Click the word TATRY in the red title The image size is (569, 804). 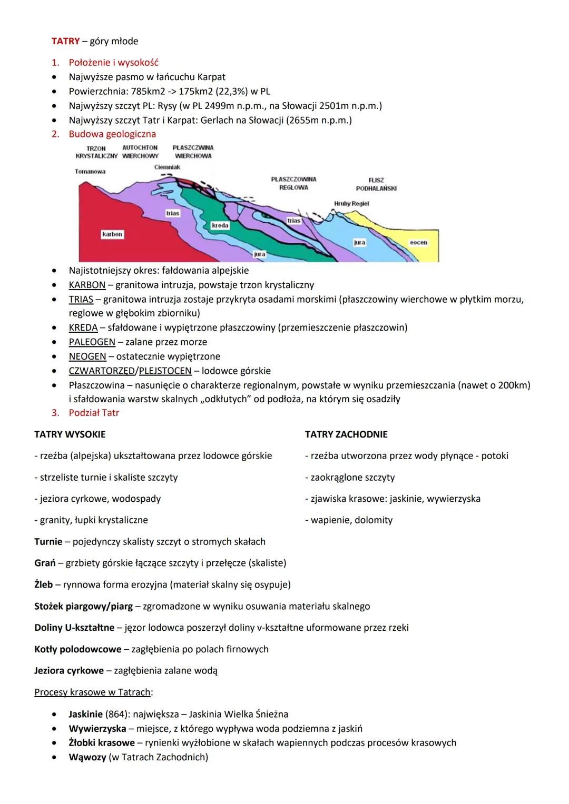point(65,41)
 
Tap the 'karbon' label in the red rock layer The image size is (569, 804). point(112,234)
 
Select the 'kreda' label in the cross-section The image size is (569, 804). point(220,225)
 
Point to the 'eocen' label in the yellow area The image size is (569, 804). point(418,243)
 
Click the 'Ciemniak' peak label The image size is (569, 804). point(167,167)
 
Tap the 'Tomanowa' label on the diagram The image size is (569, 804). point(90,172)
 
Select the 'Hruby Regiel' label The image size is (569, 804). point(351,204)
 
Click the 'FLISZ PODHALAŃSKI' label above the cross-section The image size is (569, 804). point(376,184)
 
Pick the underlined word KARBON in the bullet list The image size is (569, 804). point(87,285)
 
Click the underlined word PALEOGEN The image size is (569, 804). point(92,342)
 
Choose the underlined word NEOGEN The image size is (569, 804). point(87,356)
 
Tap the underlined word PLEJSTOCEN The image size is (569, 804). point(165,371)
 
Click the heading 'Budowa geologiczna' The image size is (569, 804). point(112,134)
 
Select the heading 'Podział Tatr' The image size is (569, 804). point(94,413)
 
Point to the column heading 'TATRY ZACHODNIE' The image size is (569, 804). point(346,434)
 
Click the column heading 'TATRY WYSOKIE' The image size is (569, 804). point(70,434)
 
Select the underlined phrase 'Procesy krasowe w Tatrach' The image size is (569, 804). point(93,692)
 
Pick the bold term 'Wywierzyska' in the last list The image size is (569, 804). point(97,729)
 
